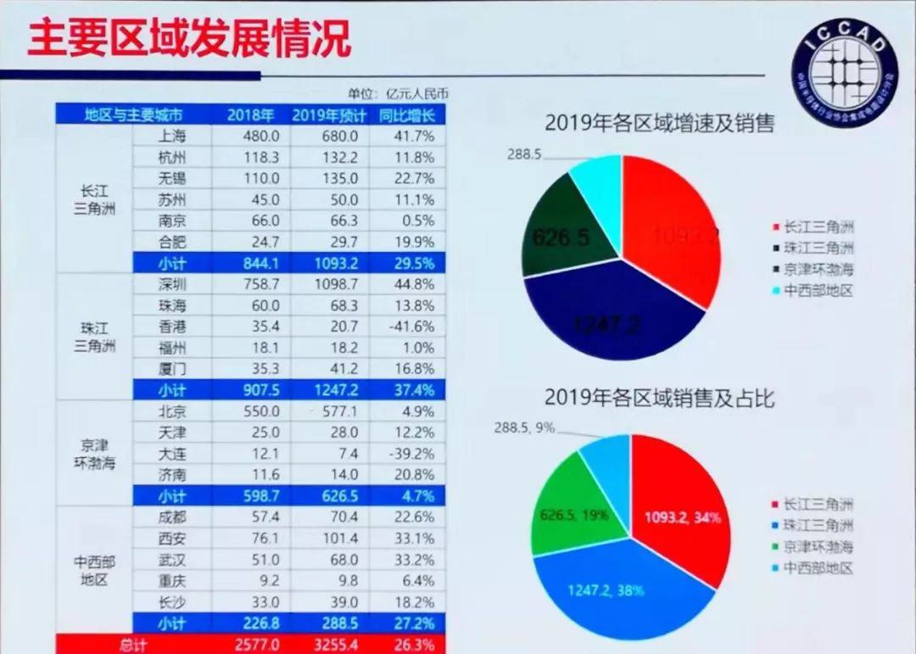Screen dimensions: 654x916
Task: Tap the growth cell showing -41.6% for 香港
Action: pyautogui.click(x=412, y=326)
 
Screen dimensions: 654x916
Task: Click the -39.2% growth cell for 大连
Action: pyautogui.click(x=412, y=453)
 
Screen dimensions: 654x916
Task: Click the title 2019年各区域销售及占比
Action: pyautogui.click(x=659, y=397)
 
